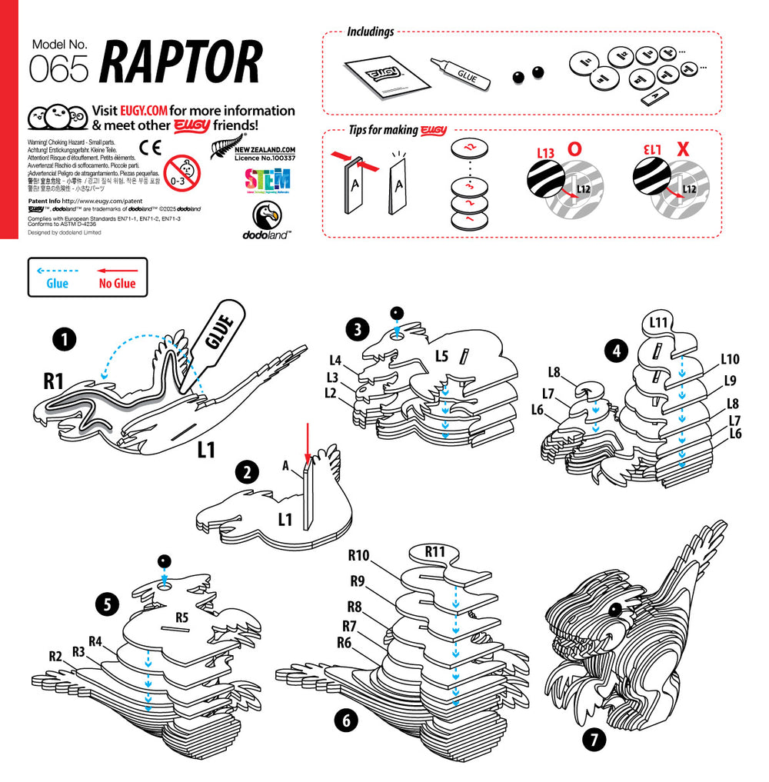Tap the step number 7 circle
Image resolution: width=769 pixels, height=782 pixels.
594,740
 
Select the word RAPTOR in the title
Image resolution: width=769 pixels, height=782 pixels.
181,62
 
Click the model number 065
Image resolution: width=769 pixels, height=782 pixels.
58,70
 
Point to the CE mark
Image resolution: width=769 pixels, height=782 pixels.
150,148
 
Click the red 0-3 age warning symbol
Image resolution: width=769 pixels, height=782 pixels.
182,173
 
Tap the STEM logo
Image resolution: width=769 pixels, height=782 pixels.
267,181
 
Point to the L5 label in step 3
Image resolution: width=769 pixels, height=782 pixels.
441,356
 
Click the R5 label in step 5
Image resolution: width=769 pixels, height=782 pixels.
181,616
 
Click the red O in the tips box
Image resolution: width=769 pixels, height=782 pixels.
574,149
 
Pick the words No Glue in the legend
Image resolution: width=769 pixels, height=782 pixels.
116,284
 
